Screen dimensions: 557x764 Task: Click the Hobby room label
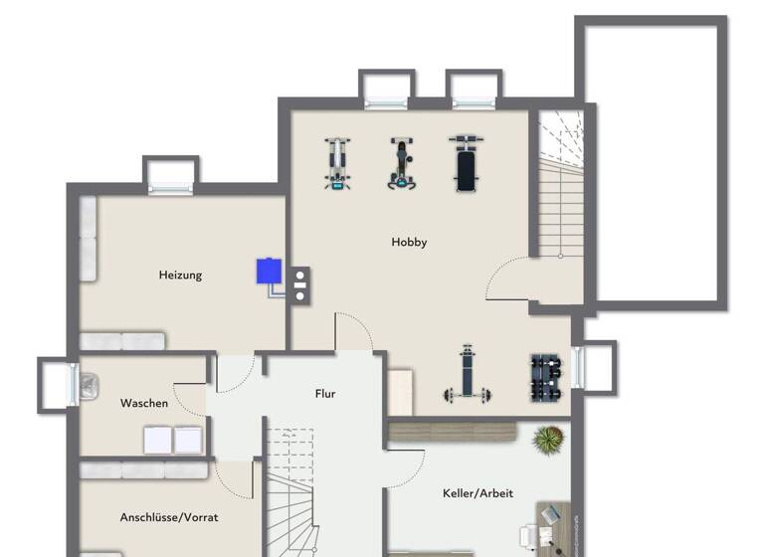point(409,242)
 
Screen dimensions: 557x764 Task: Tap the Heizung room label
point(180,275)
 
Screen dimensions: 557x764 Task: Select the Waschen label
point(144,403)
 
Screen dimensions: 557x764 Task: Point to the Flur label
point(325,394)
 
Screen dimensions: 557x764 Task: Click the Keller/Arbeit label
point(477,493)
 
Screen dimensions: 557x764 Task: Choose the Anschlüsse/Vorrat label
point(169,517)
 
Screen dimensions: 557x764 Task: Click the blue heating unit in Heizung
point(269,271)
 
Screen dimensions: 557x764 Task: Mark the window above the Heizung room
point(171,176)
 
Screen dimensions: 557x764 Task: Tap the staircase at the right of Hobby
point(561,189)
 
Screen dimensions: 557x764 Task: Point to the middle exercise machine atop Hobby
point(401,163)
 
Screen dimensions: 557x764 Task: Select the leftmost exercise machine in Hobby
point(338,164)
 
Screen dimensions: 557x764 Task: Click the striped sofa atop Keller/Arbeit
point(452,432)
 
